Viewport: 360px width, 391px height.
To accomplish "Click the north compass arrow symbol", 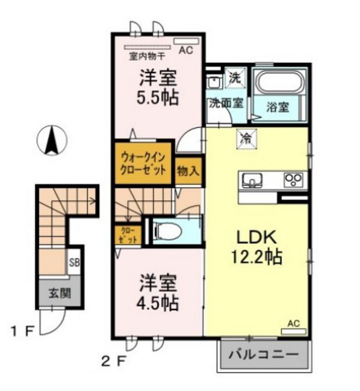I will pyautogui.click(x=52, y=141).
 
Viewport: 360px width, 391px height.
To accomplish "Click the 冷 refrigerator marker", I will pyautogui.click(x=247, y=138).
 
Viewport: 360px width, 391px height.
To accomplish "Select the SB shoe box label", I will pyautogui.click(x=74, y=263).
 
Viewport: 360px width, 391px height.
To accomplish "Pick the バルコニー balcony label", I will pyautogui.click(x=263, y=355).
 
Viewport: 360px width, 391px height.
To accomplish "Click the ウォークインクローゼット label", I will pyautogui.click(x=144, y=163).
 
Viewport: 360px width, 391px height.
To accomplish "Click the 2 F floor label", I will pyautogui.click(x=113, y=360).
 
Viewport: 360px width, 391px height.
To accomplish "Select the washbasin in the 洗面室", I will pyautogui.click(x=215, y=82).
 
